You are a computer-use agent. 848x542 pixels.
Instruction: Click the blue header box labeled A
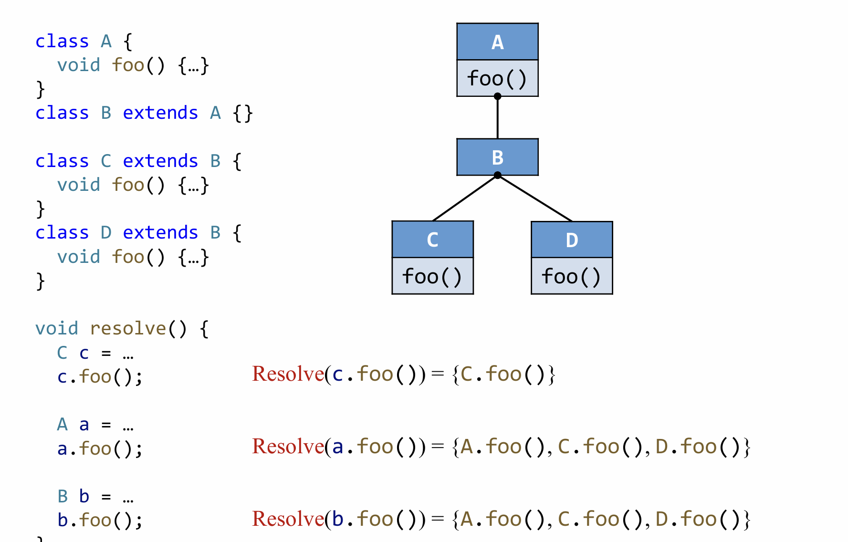point(497,42)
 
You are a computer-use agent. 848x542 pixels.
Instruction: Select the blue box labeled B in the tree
point(497,157)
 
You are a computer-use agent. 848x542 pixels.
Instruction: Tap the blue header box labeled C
point(432,240)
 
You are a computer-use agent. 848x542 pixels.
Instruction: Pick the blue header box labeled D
point(572,240)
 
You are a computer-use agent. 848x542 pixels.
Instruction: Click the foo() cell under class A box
point(497,79)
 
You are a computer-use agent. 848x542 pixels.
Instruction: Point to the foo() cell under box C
point(432,277)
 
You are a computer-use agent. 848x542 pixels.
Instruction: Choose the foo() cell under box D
point(572,277)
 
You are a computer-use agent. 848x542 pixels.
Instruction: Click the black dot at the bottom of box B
point(498,176)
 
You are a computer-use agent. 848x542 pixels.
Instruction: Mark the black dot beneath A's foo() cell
point(498,96)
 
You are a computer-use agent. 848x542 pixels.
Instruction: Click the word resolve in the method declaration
point(128,329)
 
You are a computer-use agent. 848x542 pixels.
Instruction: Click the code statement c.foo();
point(100,377)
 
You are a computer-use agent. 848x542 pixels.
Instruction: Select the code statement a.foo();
point(100,449)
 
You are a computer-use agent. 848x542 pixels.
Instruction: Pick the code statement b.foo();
point(100,521)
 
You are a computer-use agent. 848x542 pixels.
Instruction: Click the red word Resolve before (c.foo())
point(288,374)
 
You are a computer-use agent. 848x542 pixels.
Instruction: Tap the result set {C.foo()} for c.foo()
point(503,375)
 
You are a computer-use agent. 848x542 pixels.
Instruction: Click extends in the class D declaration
point(160,233)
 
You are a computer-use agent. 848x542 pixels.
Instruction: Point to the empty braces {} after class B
point(243,114)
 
